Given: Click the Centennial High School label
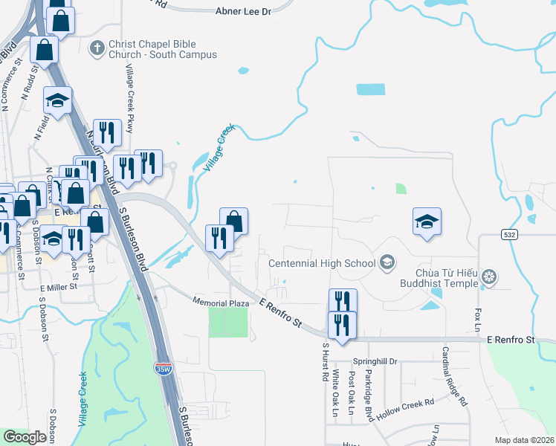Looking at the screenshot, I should point(322,262).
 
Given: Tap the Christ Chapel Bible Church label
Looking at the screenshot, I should point(162,50).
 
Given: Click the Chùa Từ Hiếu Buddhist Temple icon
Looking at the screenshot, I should point(489,278).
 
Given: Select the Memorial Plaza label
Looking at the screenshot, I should point(220,303).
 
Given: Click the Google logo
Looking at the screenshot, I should point(25,437).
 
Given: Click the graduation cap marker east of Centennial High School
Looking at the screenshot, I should point(427,222).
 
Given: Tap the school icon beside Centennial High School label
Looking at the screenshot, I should point(386,262).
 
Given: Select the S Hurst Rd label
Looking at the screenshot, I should point(325,361).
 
